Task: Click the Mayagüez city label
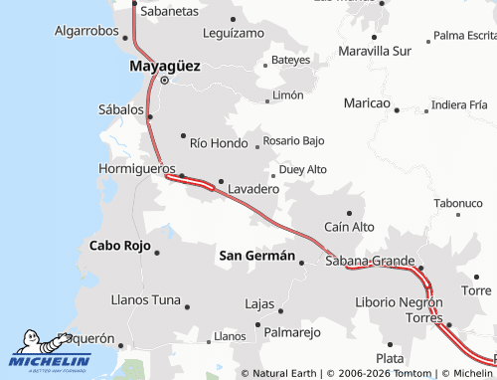tap(164, 66)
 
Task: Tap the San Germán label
tap(256, 256)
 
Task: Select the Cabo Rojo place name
tap(119, 245)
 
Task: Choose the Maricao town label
tap(367, 103)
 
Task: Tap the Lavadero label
tap(252, 188)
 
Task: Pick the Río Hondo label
tap(218, 143)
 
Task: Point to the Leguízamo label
tap(233, 33)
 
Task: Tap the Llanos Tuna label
tap(146, 299)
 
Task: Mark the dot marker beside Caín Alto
tap(349, 213)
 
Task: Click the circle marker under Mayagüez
tap(165, 81)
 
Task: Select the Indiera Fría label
tap(460, 104)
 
